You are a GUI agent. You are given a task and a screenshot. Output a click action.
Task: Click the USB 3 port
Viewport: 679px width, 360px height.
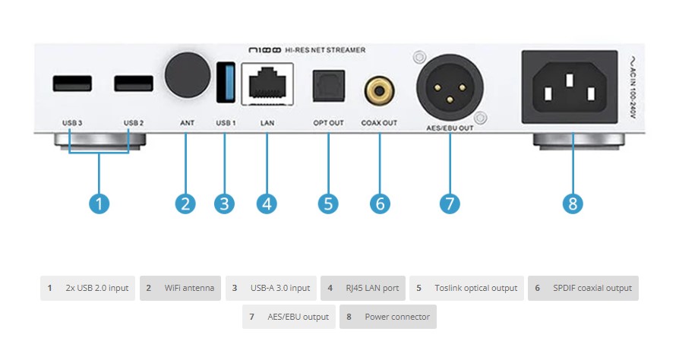point(68,84)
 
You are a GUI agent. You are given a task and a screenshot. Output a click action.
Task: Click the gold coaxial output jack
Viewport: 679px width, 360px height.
point(379,90)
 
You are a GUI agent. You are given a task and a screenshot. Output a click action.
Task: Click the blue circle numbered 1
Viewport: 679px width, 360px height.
point(99,204)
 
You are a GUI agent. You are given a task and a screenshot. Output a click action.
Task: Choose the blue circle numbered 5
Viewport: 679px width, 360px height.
point(328,204)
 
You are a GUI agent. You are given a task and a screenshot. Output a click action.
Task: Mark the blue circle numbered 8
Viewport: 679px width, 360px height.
point(573,204)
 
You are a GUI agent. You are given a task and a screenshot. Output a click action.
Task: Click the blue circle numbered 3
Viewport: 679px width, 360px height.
point(224,204)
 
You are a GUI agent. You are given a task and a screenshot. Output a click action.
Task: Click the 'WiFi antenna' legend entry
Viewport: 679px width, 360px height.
point(180,288)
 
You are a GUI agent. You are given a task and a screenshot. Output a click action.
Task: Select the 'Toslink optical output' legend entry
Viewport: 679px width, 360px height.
point(466,288)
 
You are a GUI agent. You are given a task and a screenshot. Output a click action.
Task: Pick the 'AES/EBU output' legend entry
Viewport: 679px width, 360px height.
point(289,317)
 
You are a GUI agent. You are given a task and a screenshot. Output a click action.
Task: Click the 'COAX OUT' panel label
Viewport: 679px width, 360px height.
point(379,122)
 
